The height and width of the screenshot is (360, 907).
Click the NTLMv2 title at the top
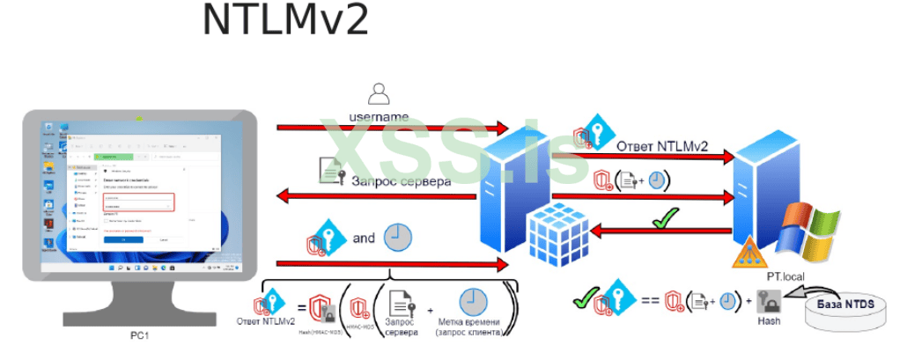284,20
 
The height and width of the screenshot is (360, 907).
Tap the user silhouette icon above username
379,94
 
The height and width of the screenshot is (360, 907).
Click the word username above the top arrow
379,116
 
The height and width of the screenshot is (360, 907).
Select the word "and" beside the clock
364,238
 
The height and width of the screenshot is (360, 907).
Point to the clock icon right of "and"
398,237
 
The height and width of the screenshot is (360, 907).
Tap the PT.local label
786,277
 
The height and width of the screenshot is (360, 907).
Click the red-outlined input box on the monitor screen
138,202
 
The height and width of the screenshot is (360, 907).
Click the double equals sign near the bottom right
650,301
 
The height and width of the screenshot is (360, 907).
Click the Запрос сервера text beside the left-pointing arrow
402,181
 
